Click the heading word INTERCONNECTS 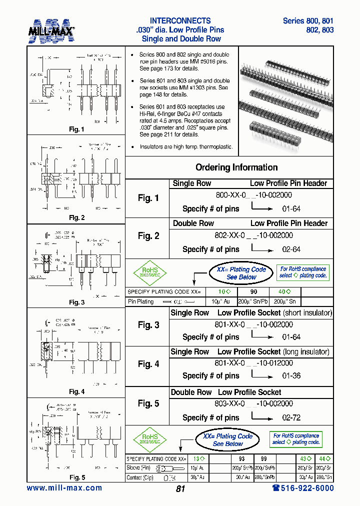180,21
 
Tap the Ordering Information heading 236,167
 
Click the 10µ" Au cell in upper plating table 220,301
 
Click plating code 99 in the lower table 264,458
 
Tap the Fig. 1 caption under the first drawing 76,129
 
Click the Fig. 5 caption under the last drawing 76,477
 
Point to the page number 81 180,489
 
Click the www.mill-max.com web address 64,488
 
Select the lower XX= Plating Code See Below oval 227,440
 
